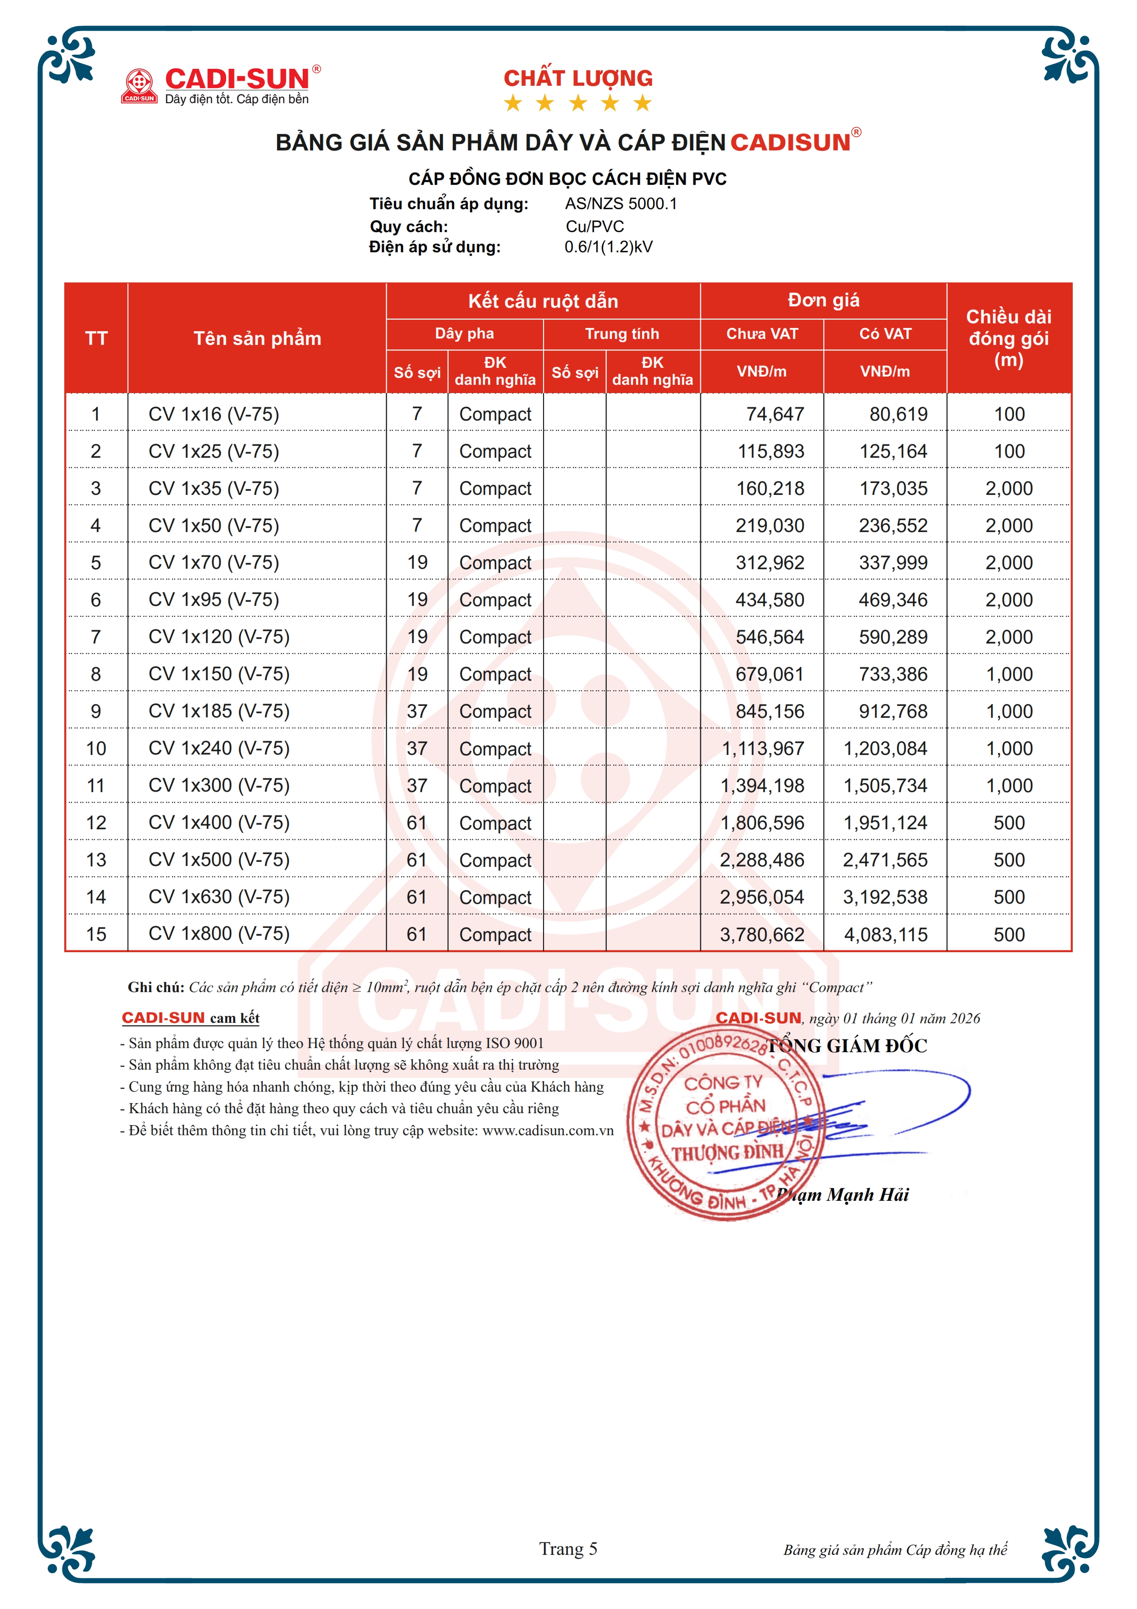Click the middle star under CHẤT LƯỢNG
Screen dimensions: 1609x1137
click(x=578, y=104)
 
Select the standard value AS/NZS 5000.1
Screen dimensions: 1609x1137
click(x=621, y=204)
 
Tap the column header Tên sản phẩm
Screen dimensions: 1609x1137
click(x=257, y=338)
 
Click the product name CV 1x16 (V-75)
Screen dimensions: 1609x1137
click(x=214, y=414)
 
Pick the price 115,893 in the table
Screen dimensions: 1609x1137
click(x=771, y=451)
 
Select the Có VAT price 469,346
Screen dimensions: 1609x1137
click(x=893, y=600)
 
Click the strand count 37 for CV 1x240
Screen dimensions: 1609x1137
click(x=417, y=749)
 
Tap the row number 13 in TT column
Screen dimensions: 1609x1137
click(x=96, y=860)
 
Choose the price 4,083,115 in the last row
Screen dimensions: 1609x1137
click(x=886, y=934)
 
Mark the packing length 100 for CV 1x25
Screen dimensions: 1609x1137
click(x=1009, y=451)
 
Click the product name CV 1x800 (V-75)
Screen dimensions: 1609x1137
click(x=219, y=933)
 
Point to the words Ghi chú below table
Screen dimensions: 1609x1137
click(x=155, y=988)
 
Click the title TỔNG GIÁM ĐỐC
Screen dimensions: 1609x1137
click(x=848, y=1046)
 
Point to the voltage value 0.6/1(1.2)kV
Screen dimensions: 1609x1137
click(x=608, y=247)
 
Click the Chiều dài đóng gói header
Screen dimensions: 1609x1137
click(x=1009, y=338)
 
